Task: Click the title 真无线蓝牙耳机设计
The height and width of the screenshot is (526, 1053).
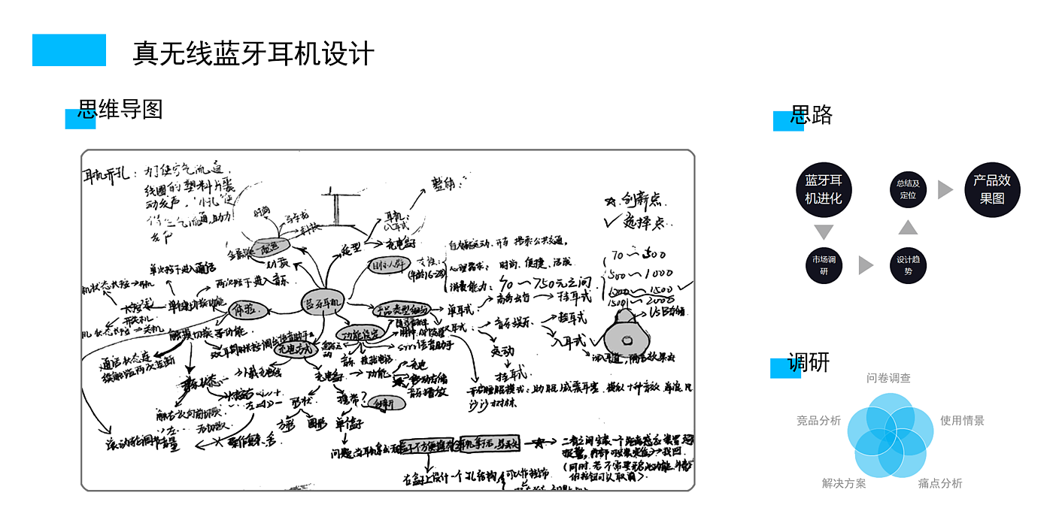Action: pos(253,53)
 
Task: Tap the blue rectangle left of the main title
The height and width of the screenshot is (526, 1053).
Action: pos(69,50)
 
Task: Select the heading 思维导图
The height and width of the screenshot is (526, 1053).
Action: pos(120,110)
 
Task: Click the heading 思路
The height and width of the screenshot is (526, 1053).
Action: pos(812,114)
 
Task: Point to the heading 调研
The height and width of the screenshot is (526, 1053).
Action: pos(809,362)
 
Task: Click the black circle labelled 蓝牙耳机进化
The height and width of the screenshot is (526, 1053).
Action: pos(824,189)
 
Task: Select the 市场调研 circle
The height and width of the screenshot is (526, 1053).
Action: pos(824,265)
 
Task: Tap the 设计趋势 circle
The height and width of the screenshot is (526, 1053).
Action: pos(908,265)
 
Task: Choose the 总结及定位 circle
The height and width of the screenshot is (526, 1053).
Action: pos(908,189)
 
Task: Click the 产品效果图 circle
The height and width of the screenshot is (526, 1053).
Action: pos(992,189)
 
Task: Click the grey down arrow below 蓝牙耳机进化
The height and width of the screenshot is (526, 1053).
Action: pos(824,232)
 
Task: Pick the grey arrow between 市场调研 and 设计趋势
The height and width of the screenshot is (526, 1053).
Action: pos(866,265)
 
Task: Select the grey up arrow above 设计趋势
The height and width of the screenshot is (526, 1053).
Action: pos(908,227)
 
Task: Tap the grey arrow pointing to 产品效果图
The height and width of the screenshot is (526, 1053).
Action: pos(945,189)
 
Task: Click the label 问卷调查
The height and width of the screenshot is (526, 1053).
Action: pos(888,378)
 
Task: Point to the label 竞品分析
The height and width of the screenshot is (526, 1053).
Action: pos(818,421)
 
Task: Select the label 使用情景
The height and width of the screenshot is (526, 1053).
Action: pos(962,421)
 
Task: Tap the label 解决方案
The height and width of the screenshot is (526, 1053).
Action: pos(844,483)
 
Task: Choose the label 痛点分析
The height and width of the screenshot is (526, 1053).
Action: pos(939,483)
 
